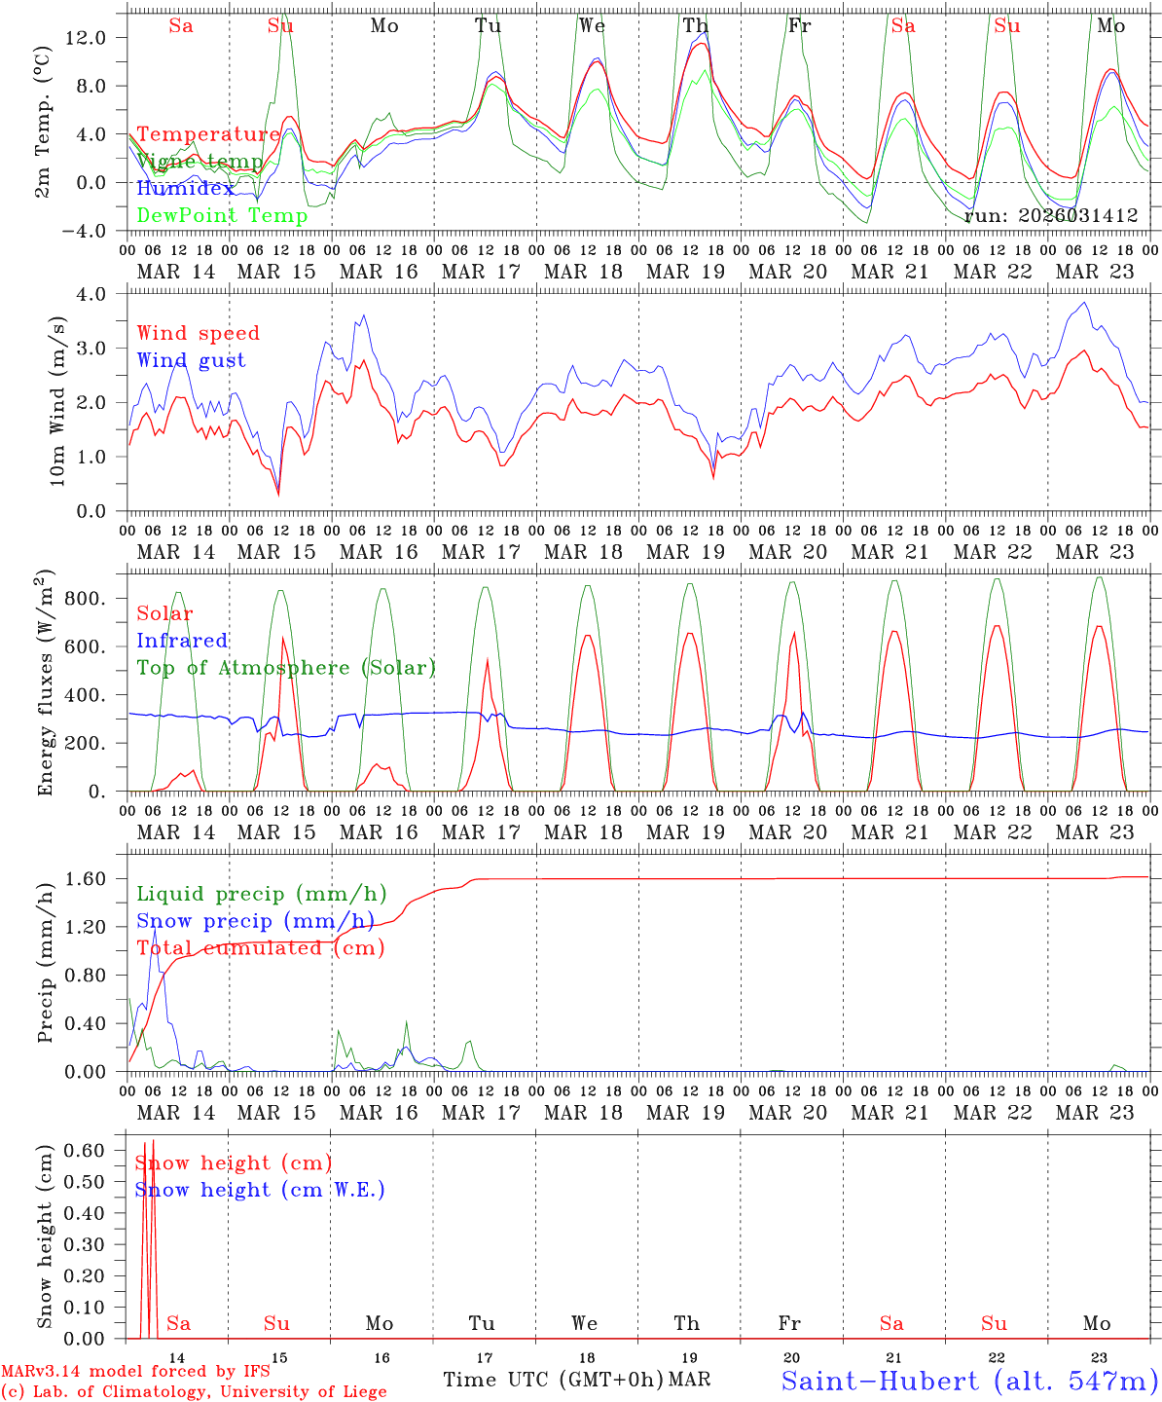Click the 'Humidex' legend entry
(x=185, y=189)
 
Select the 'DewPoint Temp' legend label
(x=222, y=216)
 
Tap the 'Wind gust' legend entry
(x=191, y=360)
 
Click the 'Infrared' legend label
(x=182, y=641)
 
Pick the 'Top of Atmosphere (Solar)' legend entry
(x=286, y=668)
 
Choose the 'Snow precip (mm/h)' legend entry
(x=255, y=921)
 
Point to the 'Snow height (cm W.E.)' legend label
(x=260, y=1190)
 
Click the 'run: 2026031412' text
(x=1051, y=216)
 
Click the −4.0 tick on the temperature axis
(x=84, y=231)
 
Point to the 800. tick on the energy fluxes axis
(x=84, y=599)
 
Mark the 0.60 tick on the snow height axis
(x=84, y=1150)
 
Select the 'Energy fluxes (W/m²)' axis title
(x=45, y=683)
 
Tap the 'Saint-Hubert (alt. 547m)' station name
(x=968, y=1381)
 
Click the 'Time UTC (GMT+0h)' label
(x=553, y=1380)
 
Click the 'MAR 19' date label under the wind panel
(x=685, y=552)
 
